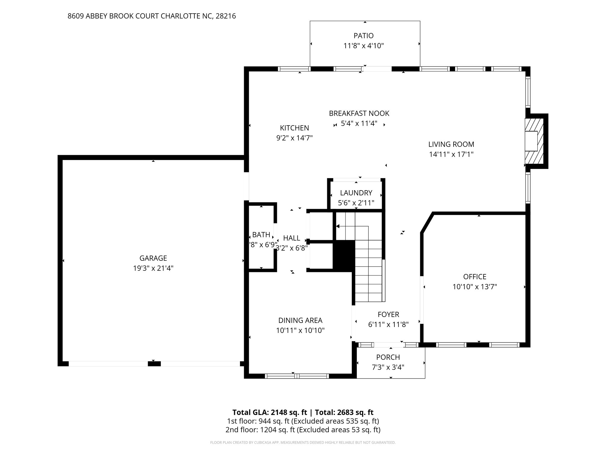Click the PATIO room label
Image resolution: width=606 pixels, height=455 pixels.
click(363, 36)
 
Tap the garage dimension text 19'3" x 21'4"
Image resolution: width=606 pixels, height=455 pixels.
click(153, 268)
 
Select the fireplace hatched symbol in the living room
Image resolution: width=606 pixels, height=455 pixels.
click(534, 141)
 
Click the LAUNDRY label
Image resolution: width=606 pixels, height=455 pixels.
click(356, 193)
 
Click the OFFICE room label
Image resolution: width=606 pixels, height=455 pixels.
click(475, 277)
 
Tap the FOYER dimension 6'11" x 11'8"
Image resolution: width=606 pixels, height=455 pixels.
click(388, 325)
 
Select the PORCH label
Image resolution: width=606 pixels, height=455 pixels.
click(388, 357)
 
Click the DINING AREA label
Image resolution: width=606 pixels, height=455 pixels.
click(300, 320)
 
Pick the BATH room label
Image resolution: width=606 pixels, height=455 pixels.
click(261, 235)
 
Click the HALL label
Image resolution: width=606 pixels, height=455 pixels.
click(291, 238)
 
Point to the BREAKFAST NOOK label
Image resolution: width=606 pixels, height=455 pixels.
click(359, 113)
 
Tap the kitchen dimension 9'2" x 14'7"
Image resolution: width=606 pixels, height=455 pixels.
click(294, 138)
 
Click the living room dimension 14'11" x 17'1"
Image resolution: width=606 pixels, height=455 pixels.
click(451, 154)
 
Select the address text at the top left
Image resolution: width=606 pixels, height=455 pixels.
click(151, 16)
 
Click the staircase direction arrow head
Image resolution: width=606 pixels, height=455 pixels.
click(338, 227)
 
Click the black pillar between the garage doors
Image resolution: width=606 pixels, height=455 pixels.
click(154, 364)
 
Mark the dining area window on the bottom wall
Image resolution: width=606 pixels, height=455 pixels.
click(297, 376)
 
